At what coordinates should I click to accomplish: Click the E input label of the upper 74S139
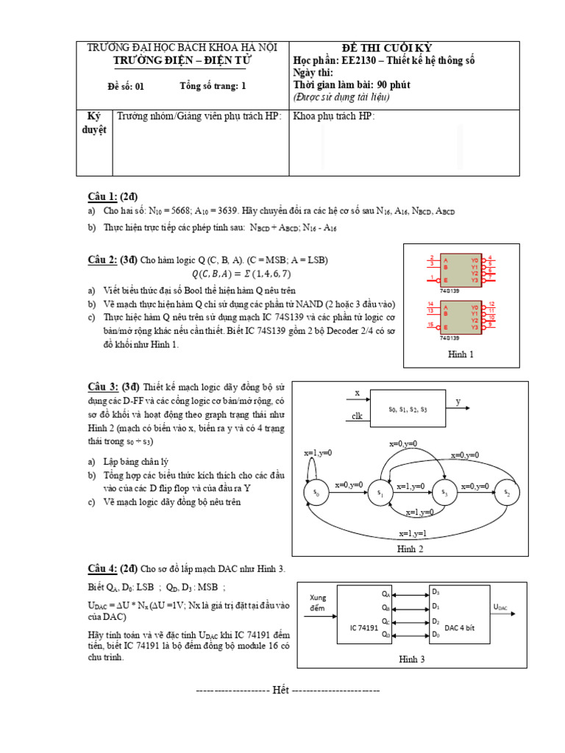point(445,280)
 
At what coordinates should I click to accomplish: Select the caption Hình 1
point(461,354)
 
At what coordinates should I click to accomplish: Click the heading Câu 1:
point(103,196)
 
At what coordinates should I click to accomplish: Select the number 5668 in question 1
point(185,212)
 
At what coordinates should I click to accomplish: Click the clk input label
point(358,416)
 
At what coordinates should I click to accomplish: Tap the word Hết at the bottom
point(280,690)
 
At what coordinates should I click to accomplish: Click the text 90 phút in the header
point(394,85)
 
